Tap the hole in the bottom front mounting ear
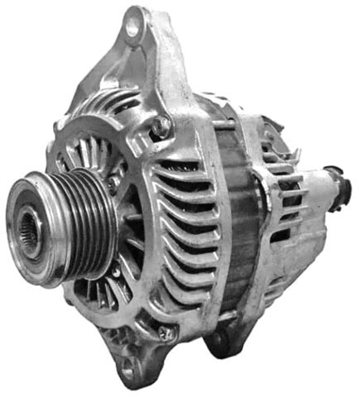coord(129,370)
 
